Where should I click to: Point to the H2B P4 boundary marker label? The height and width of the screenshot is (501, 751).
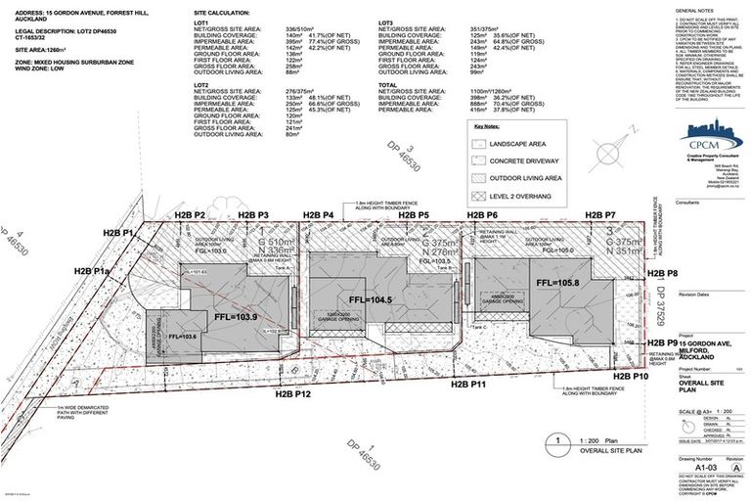click(318, 214)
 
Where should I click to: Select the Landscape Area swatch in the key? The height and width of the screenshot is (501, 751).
click(482, 144)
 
